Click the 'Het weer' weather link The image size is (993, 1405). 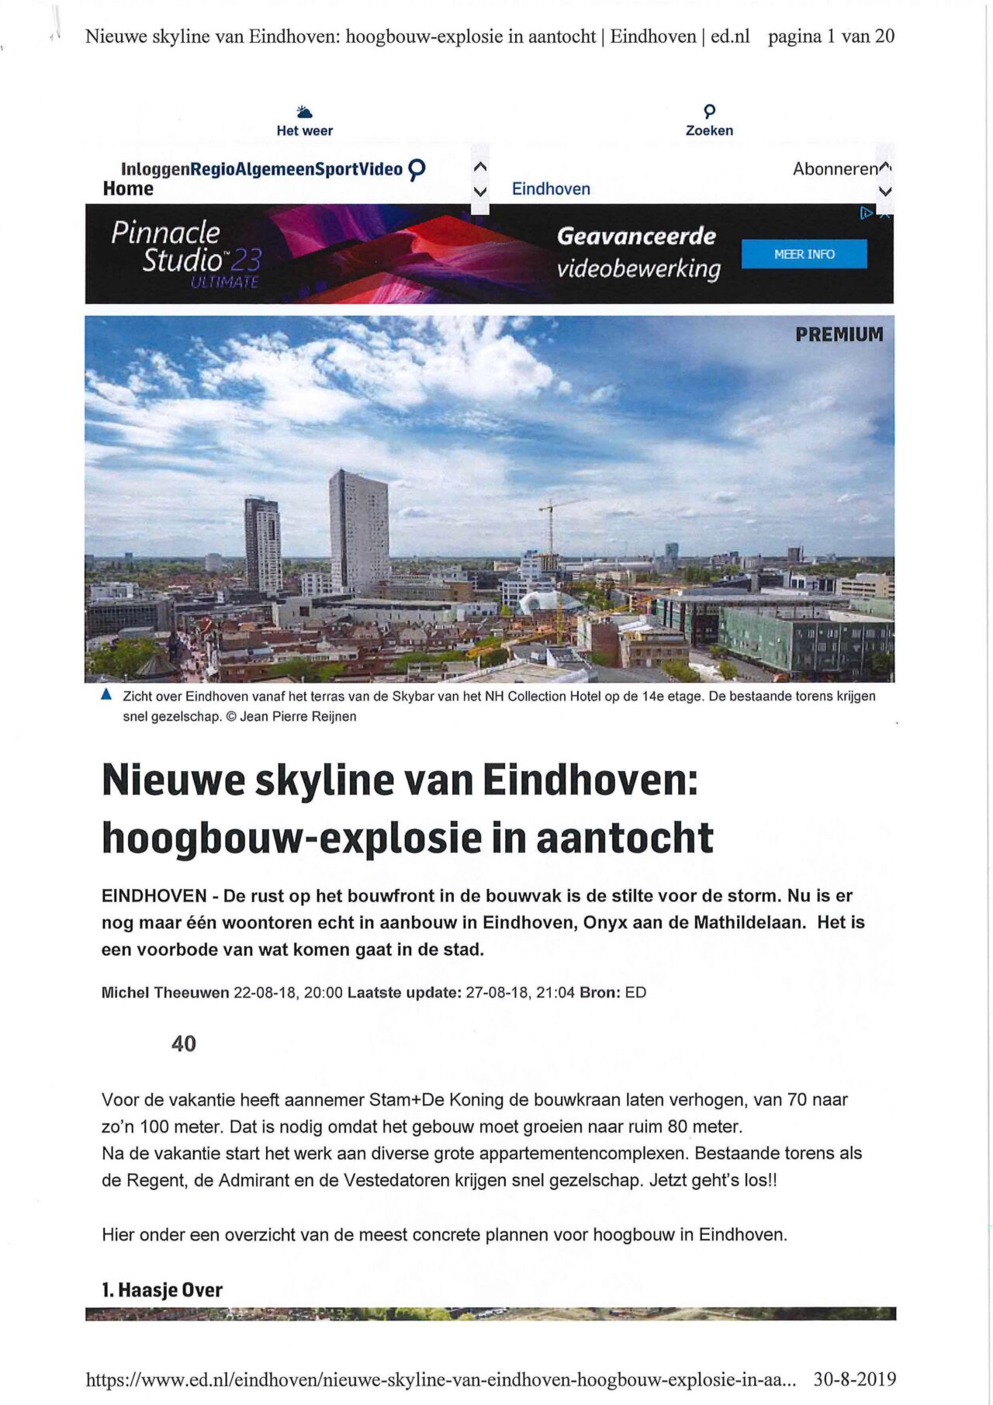click(304, 130)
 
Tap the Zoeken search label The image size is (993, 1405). click(709, 130)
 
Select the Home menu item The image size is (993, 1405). click(128, 189)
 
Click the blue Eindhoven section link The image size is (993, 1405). click(551, 189)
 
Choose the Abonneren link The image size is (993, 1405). click(835, 168)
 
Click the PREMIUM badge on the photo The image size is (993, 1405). click(839, 334)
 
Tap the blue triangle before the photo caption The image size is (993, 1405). click(107, 694)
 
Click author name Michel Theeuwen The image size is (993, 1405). click(165, 992)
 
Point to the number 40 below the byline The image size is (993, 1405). click(184, 1043)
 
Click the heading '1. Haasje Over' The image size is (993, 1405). click(162, 1290)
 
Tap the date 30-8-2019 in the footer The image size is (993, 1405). click(854, 1379)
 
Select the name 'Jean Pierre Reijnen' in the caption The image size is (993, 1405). click(299, 716)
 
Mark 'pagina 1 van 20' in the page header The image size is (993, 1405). click(831, 36)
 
